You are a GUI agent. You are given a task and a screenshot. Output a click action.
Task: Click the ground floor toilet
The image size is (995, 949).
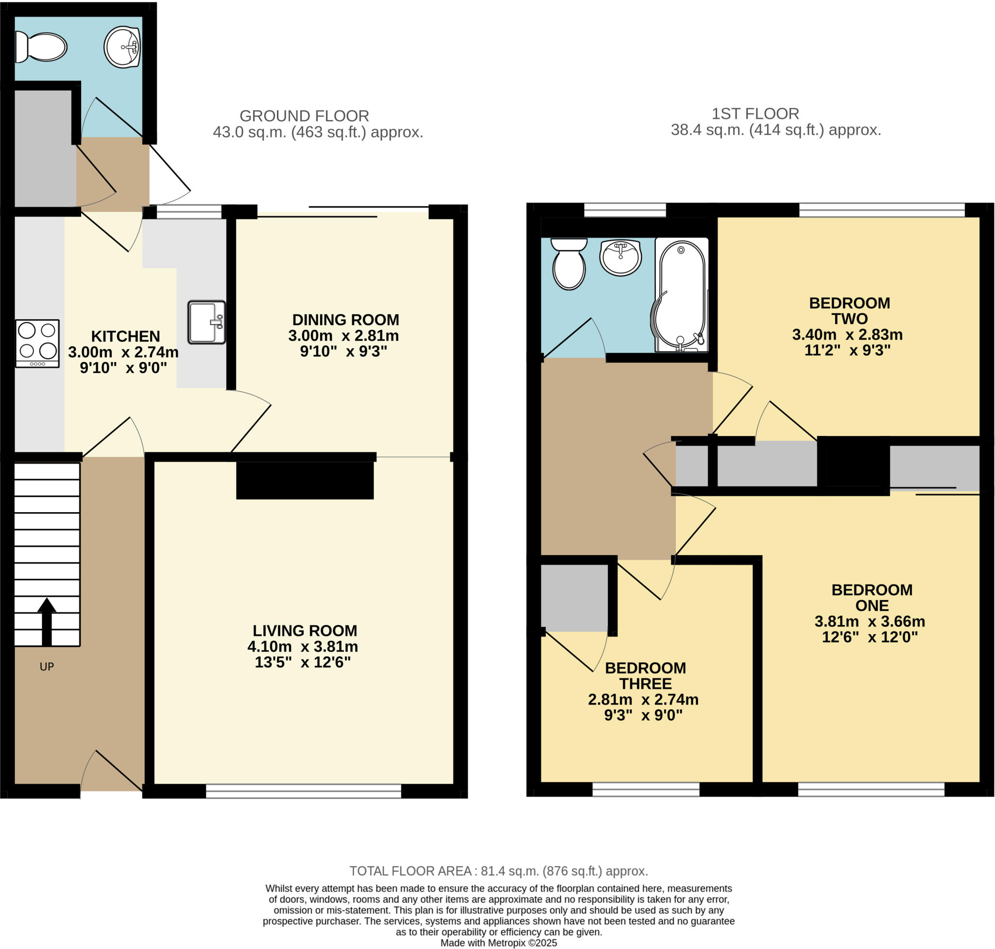[41, 47]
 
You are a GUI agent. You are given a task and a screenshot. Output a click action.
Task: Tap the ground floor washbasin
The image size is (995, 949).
[122, 47]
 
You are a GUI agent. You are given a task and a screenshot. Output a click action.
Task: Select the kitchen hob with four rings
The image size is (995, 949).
[37, 343]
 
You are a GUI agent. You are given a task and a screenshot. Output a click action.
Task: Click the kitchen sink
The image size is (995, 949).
[206, 322]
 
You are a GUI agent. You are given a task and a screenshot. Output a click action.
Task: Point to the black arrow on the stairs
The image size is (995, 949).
[47, 621]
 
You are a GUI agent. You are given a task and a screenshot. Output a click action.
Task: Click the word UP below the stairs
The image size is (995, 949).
[47, 667]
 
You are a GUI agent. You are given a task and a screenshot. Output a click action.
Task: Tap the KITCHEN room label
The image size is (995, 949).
[125, 336]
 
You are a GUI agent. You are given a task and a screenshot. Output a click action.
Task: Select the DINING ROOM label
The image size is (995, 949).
[345, 320]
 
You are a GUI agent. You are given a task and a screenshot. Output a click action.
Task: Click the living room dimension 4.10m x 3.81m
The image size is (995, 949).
[303, 646]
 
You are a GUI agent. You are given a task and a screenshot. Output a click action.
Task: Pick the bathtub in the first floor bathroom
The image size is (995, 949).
[681, 295]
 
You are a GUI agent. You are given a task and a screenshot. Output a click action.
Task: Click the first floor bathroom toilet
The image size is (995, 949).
[568, 264]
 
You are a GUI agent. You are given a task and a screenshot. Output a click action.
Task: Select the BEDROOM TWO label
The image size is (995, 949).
[849, 311]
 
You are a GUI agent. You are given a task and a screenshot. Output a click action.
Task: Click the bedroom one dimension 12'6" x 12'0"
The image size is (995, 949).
[870, 637]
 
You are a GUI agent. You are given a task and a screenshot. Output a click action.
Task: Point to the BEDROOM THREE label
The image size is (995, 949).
[646, 676]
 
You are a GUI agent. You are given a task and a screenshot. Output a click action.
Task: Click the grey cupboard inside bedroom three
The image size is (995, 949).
[574, 597]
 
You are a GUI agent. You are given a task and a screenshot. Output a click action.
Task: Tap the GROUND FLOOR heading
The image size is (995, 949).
[304, 116]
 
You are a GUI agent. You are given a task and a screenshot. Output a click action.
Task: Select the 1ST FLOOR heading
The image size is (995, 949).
[755, 114]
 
